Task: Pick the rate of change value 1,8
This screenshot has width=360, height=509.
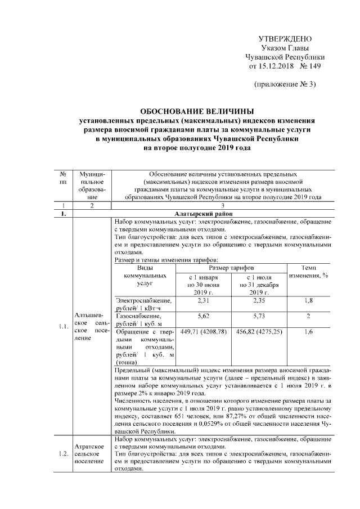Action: click(x=308, y=301)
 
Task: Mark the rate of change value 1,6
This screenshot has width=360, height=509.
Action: click(x=308, y=332)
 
